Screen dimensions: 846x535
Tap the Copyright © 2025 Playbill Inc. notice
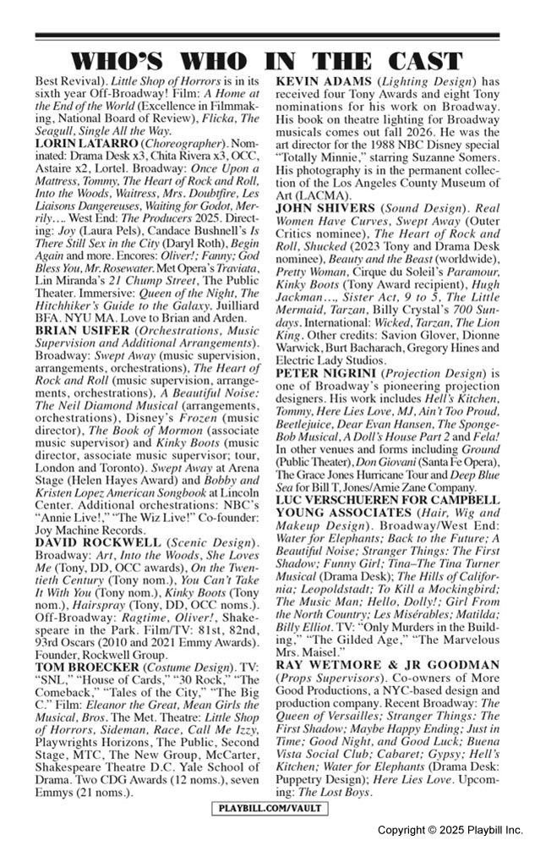pos(450,830)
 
